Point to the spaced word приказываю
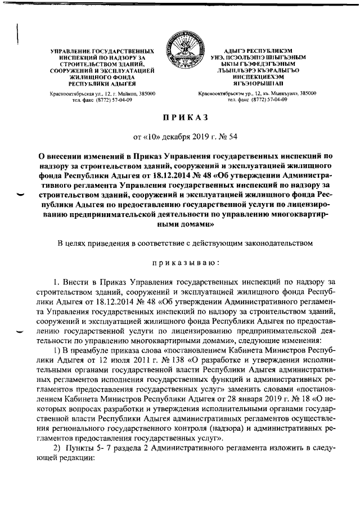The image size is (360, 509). pos(179,262)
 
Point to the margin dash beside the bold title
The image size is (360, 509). pos(21,195)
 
